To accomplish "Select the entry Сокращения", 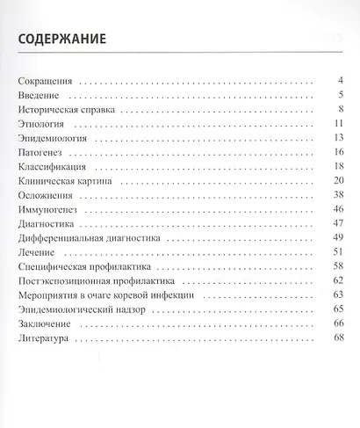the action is pos(47,82).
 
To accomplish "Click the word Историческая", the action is pos(53,110).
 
